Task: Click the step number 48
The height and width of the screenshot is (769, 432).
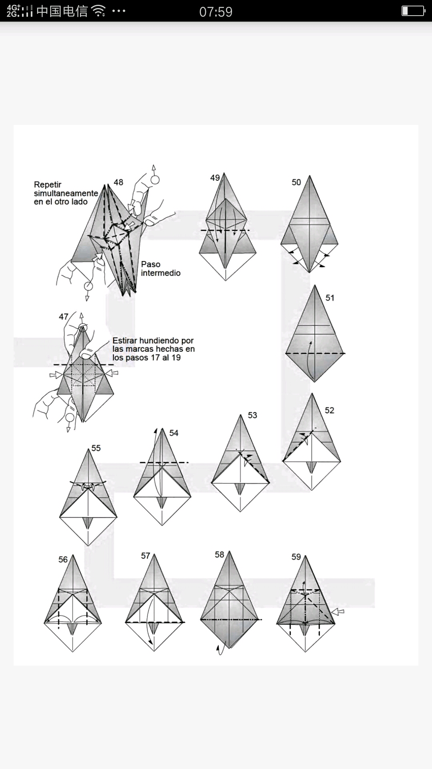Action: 118,182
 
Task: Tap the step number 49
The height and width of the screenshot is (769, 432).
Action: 215,177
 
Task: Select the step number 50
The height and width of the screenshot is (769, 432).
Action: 296,182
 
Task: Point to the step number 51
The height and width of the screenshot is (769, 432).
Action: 330,298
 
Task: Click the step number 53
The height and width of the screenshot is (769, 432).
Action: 252,415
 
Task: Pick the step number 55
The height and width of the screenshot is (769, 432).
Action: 96,448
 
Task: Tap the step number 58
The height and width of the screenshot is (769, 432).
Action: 219,555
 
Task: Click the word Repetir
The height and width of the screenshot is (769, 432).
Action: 48,185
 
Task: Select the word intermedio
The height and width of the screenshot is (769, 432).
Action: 160,273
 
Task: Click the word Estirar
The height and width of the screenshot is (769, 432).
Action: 126,340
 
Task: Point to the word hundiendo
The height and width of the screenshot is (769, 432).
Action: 162,340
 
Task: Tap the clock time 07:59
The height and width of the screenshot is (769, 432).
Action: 216,12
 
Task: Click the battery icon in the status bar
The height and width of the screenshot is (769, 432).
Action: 413,11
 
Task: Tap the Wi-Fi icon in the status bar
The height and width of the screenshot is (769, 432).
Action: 98,11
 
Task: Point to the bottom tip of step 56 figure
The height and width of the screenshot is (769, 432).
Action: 73,651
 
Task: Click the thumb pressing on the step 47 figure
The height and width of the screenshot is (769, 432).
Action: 86,353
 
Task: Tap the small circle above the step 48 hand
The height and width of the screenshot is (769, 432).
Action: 155,180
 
